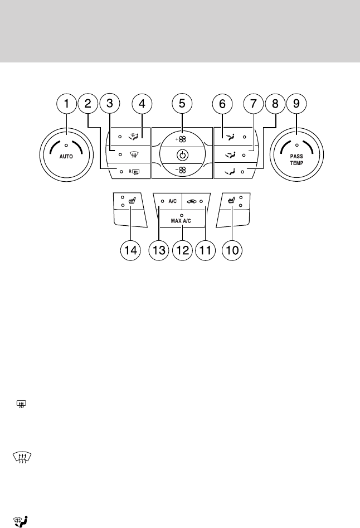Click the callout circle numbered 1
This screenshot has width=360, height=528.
click(67, 103)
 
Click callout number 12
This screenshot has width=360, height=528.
click(182, 251)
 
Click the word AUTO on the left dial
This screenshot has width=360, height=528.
click(67, 157)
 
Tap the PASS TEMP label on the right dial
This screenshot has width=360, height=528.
click(297, 160)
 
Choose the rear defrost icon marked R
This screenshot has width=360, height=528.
click(134, 172)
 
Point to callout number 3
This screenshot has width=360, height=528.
click(110, 103)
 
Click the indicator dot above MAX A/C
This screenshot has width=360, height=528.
click(182, 214)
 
